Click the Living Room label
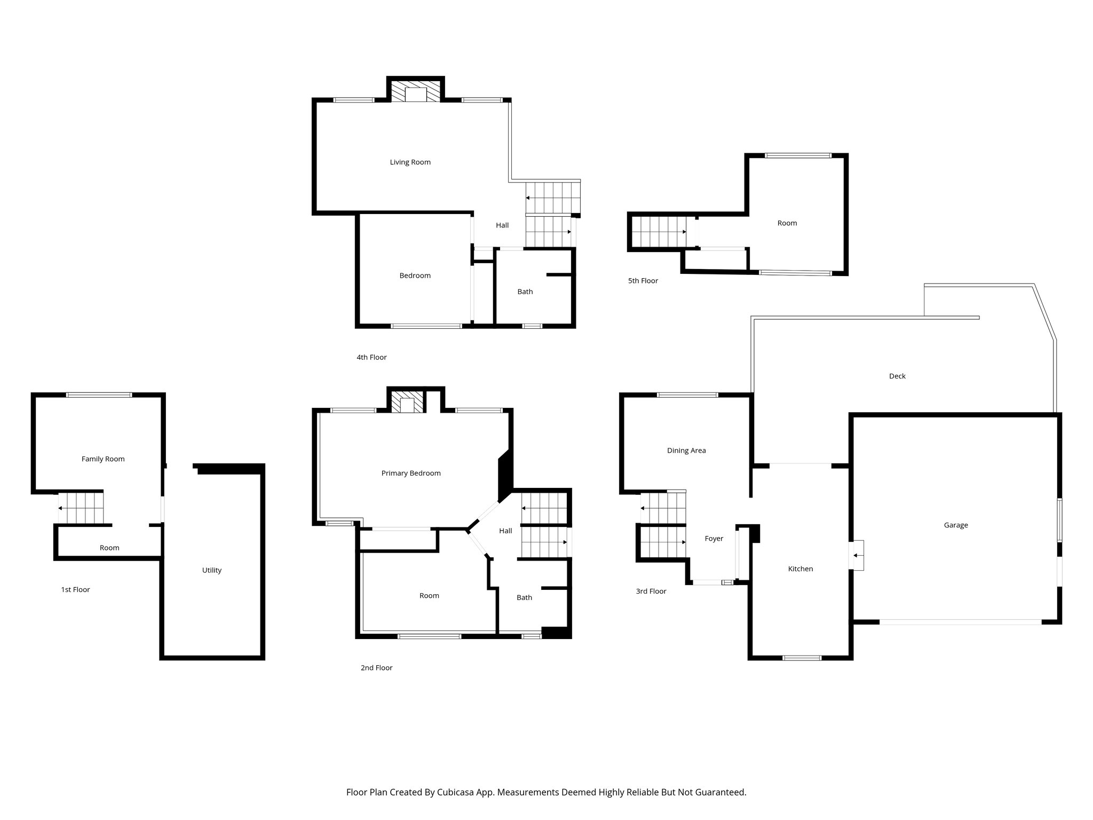pos(410,162)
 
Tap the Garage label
pos(955,525)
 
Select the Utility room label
pos(211,570)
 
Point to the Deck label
pos(897,376)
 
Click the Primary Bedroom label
pos(411,473)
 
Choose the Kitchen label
pos(801,569)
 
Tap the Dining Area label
pos(686,451)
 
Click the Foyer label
pos(714,539)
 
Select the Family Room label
pos(103,459)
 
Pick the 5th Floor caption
pos(643,281)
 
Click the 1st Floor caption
pos(75,590)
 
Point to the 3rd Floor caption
pos(651,592)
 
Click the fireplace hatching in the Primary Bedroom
pos(396,403)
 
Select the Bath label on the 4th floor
pos(525,292)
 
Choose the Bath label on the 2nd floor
pos(524,598)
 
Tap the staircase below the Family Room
pos(81,508)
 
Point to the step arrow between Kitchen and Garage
pos(857,555)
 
